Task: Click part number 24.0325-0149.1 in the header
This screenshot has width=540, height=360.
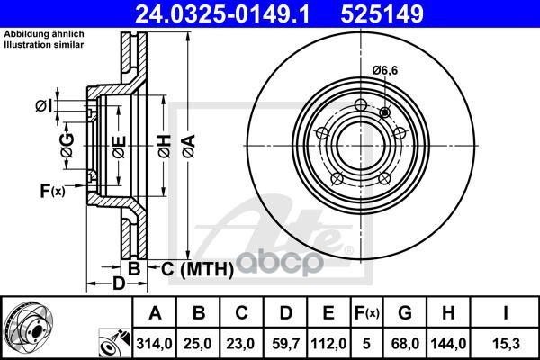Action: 223,14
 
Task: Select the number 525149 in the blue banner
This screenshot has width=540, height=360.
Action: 382,14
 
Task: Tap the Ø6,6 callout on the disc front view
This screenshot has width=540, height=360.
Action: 385,70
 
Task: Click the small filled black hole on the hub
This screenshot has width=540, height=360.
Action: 384,112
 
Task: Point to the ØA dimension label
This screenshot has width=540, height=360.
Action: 189,146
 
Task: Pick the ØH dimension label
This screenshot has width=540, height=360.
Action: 165,146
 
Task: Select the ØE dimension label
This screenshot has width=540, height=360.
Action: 119,147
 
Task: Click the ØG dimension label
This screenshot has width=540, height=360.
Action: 67,146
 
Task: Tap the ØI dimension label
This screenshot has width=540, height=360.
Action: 44,106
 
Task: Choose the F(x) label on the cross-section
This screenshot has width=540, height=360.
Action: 53,191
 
